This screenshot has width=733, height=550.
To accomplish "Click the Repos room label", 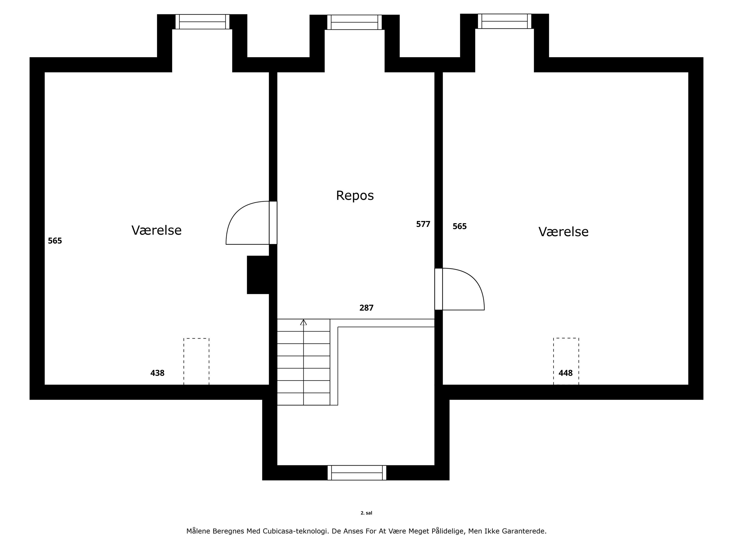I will click(x=355, y=196).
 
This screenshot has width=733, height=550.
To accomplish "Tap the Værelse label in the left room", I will click(x=156, y=231).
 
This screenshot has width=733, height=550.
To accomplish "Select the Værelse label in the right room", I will click(x=563, y=232).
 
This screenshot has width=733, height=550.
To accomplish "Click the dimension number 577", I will click(x=423, y=224).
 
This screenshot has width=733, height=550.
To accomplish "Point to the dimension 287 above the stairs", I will click(x=366, y=308).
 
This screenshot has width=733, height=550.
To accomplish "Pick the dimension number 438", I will click(x=157, y=373).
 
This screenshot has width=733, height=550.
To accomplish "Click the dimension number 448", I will click(x=566, y=373).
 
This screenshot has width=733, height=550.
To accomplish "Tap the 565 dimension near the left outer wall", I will click(x=55, y=241).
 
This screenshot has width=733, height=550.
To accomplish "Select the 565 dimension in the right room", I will click(x=460, y=226).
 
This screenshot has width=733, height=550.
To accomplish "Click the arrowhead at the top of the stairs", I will click(x=303, y=322).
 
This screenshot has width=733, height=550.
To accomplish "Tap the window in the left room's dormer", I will click(x=203, y=22).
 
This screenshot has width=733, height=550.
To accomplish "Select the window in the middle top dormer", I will click(x=355, y=22).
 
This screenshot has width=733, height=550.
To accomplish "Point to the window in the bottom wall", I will click(x=357, y=473).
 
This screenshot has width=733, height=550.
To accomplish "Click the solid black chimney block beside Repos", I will click(x=259, y=275).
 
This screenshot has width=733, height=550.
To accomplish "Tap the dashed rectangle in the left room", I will click(x=196, y=361).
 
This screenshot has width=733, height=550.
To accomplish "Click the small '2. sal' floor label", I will click(x=366, y=513).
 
